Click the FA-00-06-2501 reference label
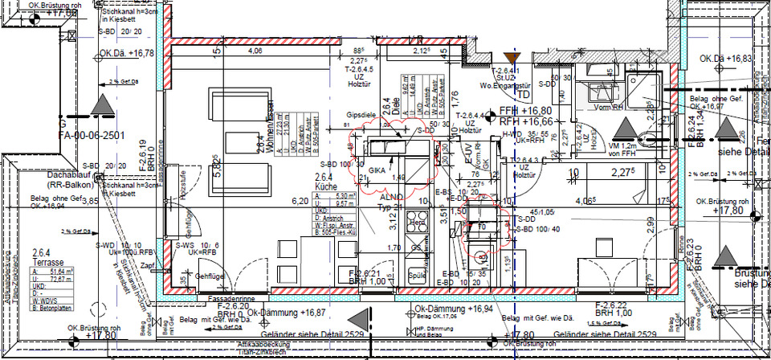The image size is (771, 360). pyautogui.click(x=92, y=136)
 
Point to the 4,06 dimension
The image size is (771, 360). pyautogui.click(x=255, y=51)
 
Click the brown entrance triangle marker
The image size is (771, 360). pyautogui.click(x=516, y=57)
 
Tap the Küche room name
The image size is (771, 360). pyautogui.click(x=324, y=186)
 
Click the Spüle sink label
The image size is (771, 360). pyautogui.click(x=416, y=274)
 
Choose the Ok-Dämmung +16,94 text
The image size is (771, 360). pyautogui.click(x=463, y=308)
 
